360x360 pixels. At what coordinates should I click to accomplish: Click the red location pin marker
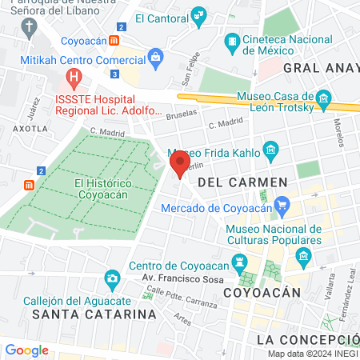(x=180, y=166)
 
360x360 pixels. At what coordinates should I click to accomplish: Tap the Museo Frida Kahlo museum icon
(x=270, y=150)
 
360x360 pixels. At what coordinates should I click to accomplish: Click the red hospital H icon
(x=74, y=78)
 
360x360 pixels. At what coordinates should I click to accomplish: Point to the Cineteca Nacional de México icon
(x=232, y=41)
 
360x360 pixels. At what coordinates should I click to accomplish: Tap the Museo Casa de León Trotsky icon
(x=323, y=100)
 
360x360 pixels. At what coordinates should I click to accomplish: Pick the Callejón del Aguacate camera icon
(x=113, y=279)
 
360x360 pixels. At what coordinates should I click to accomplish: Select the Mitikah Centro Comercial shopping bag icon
(x=154, y=55)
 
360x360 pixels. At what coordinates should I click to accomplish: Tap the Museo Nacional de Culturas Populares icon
(x=303, y=257)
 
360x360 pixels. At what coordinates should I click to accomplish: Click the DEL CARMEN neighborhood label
(x=242, y=182)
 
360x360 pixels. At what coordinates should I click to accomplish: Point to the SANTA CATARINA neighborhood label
(x=94, y=314)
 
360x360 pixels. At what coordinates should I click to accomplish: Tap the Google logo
(x=26, y=350)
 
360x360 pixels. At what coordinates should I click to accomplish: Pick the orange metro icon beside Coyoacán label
(x=116, y=40)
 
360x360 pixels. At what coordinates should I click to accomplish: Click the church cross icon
(x=30, y=28)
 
